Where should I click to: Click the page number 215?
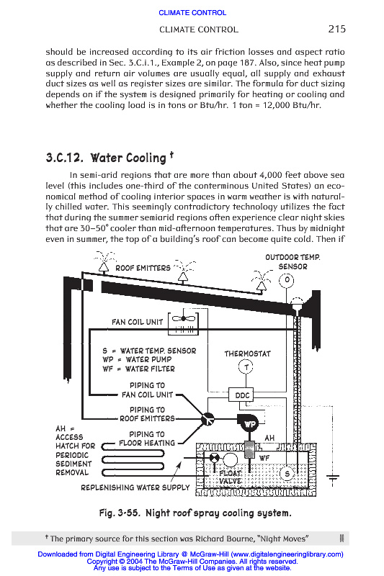tap(336, 29)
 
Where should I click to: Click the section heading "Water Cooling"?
tap(128, 158)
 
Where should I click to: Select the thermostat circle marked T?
tap(246, 366)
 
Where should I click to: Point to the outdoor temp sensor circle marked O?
tap(287, 281)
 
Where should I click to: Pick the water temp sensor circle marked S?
tap(287, 474)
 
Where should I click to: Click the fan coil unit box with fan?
tap(183, 323)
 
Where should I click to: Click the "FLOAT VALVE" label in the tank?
tap(230, 477)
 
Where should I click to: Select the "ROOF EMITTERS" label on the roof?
tap(143, 268)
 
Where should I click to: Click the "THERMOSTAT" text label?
tap(247, 354)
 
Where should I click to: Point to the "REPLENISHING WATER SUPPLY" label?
tap(135, 487)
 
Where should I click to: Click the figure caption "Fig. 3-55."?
tap(120, 513)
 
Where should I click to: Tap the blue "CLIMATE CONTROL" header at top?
tap(192, 13)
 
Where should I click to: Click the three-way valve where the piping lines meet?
tap(208, 419)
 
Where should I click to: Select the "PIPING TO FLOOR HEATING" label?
tap(147, 438)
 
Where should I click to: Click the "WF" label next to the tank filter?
tap(264, 458)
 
